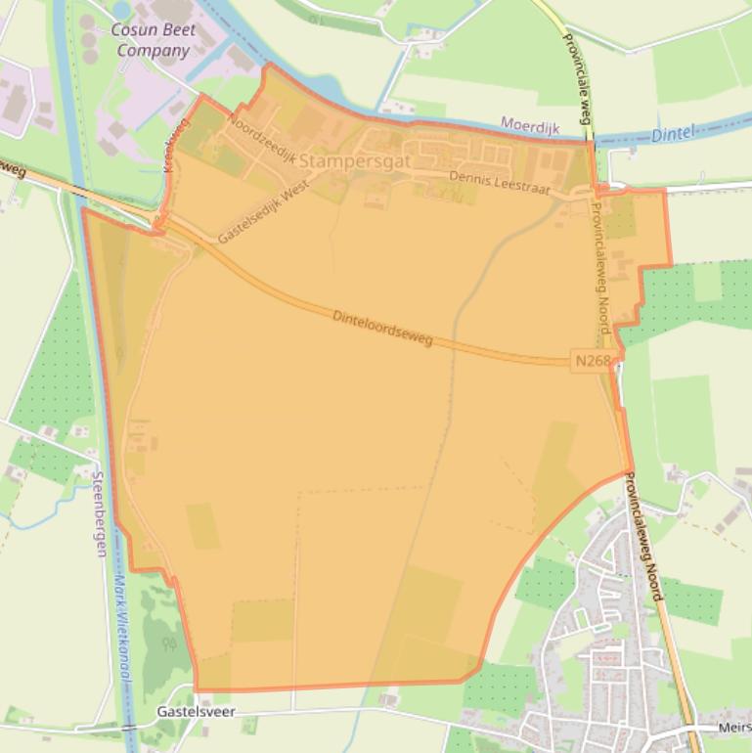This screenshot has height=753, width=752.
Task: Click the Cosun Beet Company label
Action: click(x=153, y=39)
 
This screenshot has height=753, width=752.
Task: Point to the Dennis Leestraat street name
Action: click(x=500, y=182)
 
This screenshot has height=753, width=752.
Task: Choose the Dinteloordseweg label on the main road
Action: click(x=382, y=328)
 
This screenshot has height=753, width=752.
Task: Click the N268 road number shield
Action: click(x=592, y=362)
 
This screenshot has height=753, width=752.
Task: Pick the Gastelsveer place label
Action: click(x=196, y=713)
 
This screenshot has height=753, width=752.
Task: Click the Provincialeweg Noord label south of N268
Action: click(x=643, y=538)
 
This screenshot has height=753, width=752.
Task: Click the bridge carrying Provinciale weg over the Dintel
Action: click(x=592, y=144)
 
